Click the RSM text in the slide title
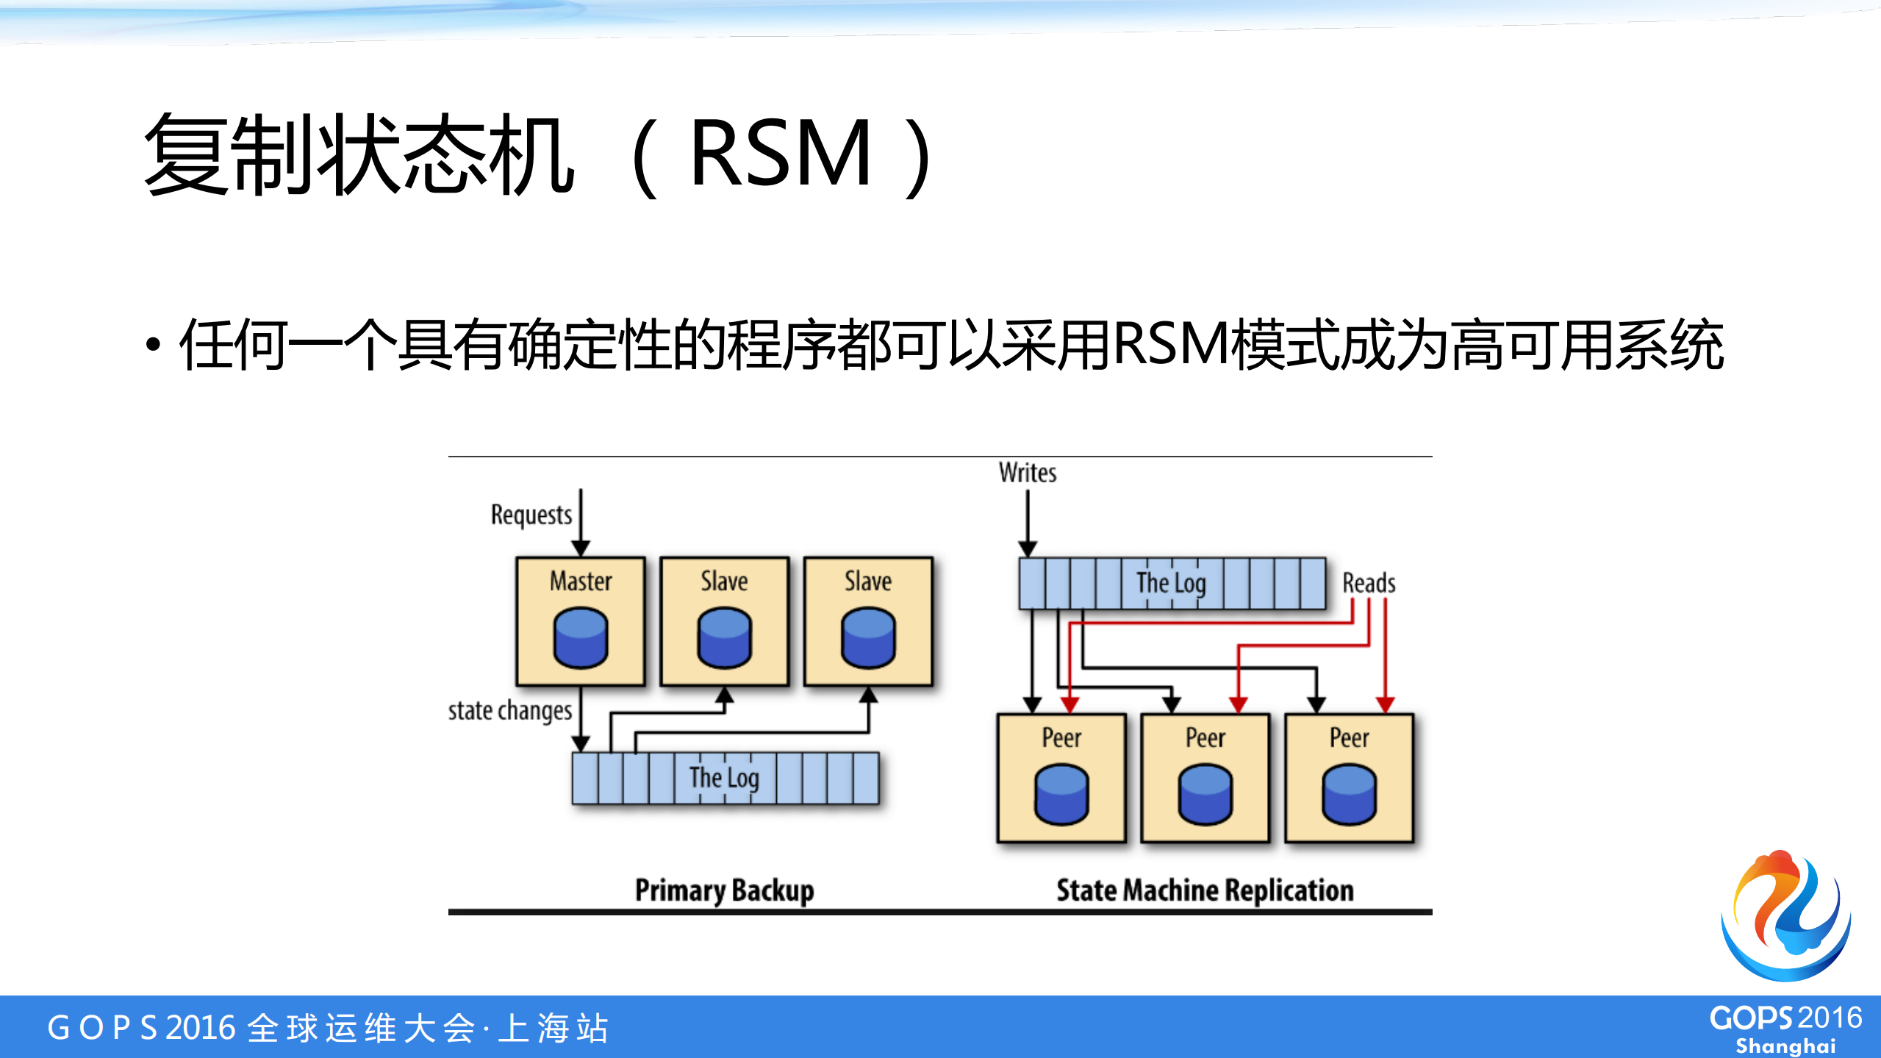tap(781, 154)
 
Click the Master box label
tap(581, 581)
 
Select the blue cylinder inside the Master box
tap(581, 637)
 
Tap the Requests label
tap(531, 515)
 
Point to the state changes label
tap(509, 710)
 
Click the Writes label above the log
tap(1027, 473)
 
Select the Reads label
tap(1368, 582)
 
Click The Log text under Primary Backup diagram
tap(723, 777)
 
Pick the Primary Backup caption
tap(724, 890)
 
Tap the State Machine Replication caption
tap(1205, 890)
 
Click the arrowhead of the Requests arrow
tap(581, 548)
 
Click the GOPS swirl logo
tap(1785, 915)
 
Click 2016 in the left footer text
tap(201, 1027)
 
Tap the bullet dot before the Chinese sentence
tap(153, 344)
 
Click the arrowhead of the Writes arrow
tap(1028, 548)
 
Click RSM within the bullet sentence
tap(1171, 344)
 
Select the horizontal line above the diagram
tap(939, 457)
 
